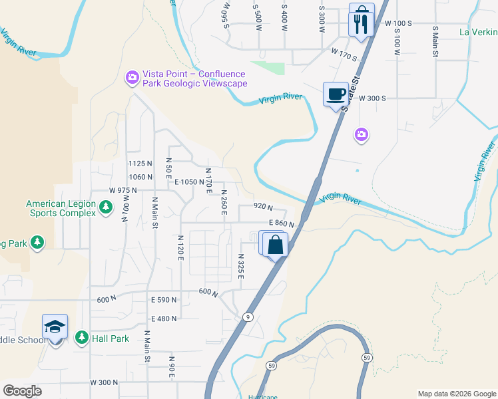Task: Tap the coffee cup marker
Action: [335, 94]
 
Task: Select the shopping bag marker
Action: [275, 245]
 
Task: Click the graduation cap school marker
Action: [55, 327]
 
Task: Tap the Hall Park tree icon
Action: [82, 338]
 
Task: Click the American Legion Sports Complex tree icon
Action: [105, 208]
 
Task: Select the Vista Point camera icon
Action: [132, 78]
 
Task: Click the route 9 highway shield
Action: [247, 317]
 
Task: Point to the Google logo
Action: [23, 391]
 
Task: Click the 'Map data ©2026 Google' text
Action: [456, 394]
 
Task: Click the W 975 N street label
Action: [123, 190]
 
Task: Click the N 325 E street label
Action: [240, 267]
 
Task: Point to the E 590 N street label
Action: [164, 300]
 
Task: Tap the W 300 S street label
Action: [372, 98]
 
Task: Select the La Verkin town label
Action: [478, 31]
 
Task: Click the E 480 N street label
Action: [164, 319]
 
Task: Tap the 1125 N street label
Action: [140, 164]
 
